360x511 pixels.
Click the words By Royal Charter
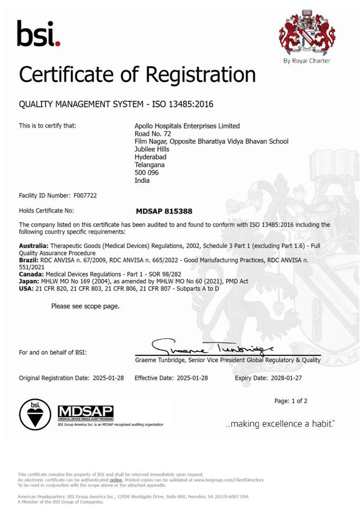coord(307,61)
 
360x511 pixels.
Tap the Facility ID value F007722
coord(85,196)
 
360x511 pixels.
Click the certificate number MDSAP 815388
coord(164,211)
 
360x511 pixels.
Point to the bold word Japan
coord(28,281)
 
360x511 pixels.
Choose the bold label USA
coord(26,288)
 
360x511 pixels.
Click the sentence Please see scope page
coord(85,306)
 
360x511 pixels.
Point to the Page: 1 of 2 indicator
coord(291,401)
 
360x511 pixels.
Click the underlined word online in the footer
coord(116,480)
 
